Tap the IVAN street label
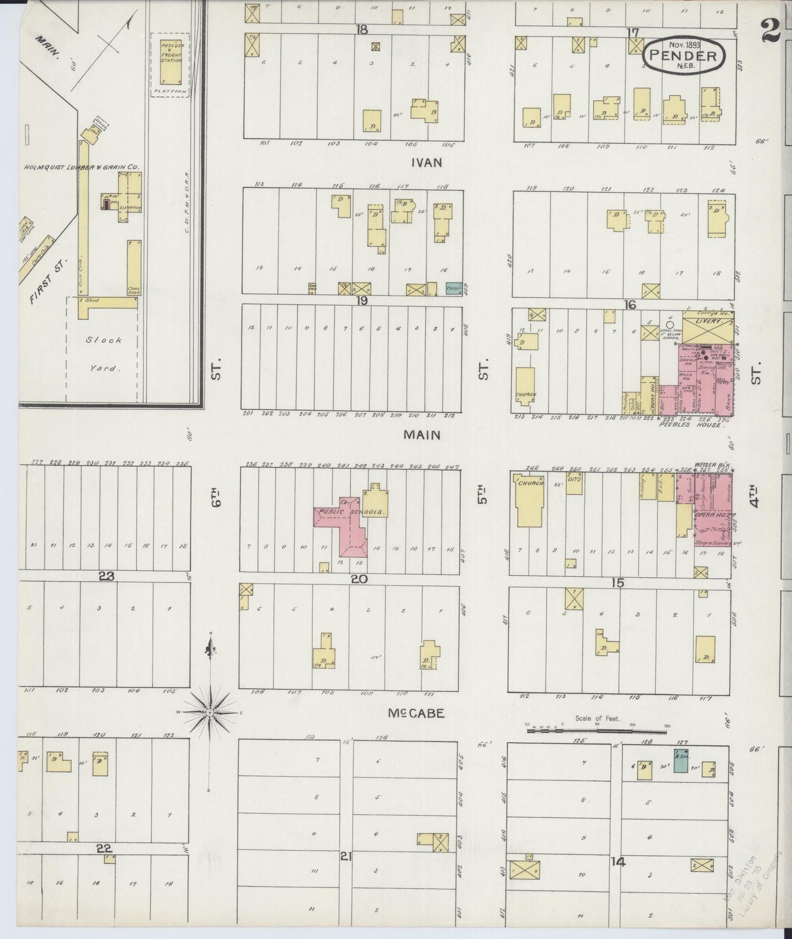pyautogui.click(x=428, y=163)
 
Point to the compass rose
pyautogui.click(x=210, y=712)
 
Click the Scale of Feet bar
pyautogui.click(x=597, y=729)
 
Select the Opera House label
pyautogui.click(x=707, y=515)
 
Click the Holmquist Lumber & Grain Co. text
pyautogui.click(x=81, y=167)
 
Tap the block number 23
pyautogui.click(x=106, y=576)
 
